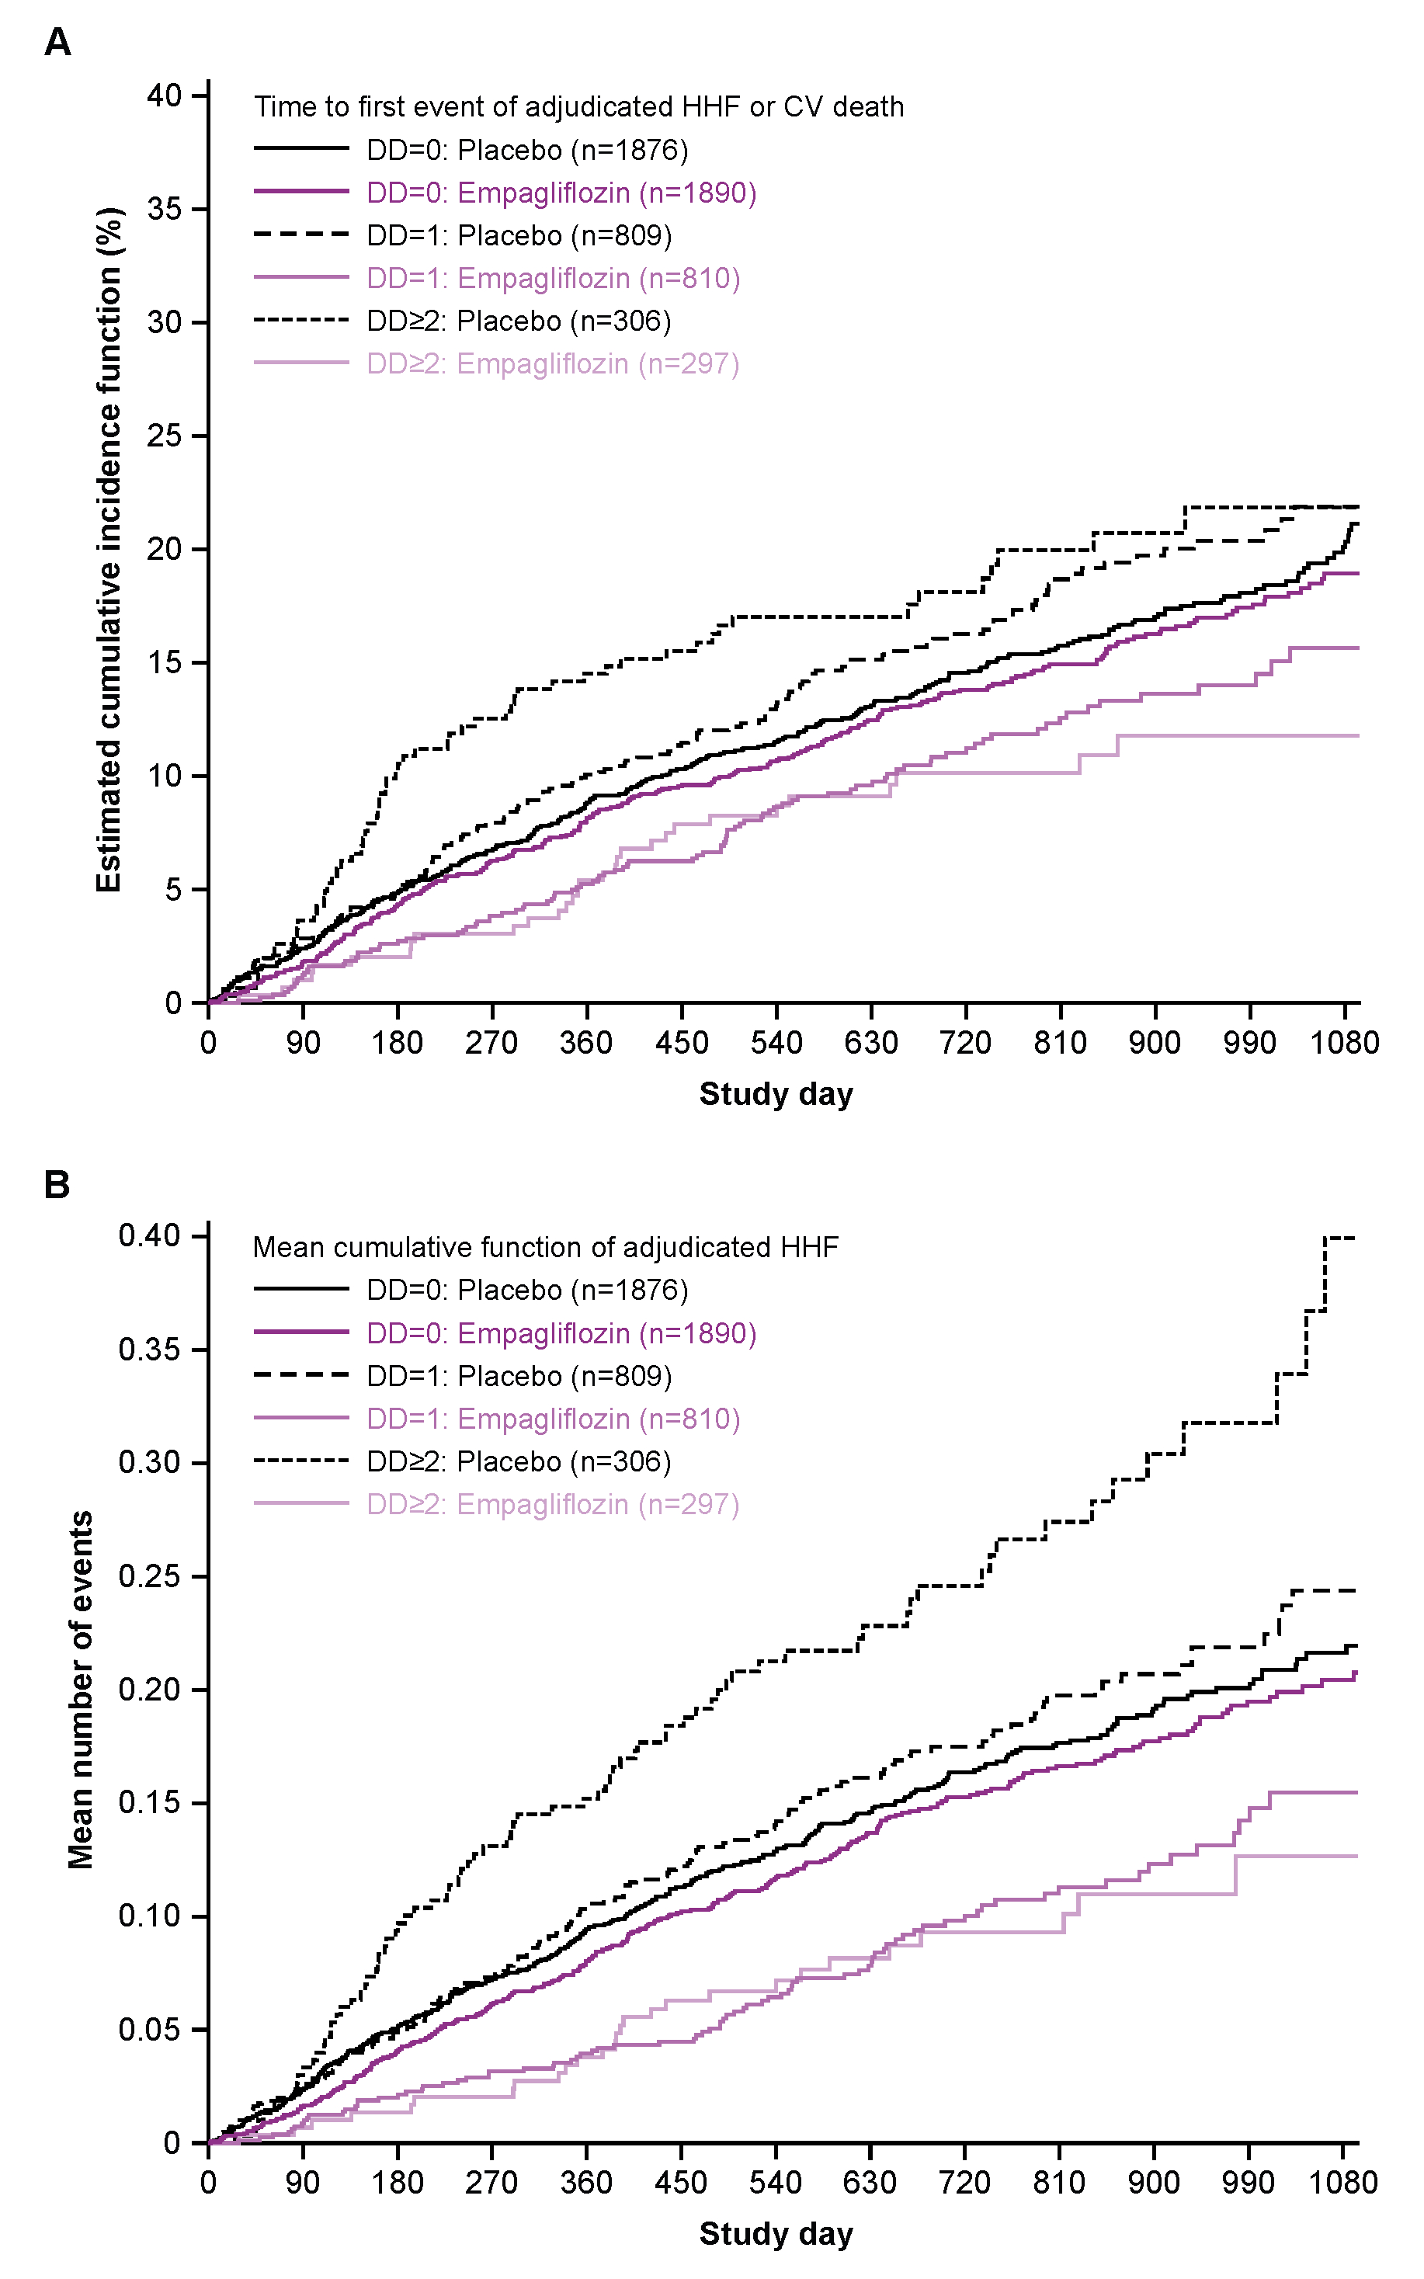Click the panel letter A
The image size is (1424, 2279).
point(57,43)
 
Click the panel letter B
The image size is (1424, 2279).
point(57,1185)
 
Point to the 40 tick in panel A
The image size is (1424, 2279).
point(165,95)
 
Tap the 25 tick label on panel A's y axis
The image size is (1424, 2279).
point(165,436)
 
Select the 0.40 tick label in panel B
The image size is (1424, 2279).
point(150,1235)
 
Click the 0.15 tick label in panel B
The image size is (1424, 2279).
point(150,1802)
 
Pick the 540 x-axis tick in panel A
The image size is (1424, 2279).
point(776,1043)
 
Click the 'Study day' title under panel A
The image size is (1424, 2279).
point(776,1094)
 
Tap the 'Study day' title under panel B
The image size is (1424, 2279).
point(776,2234)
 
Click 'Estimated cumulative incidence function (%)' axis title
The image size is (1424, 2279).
point(109,549)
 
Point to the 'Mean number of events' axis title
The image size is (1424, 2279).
point(81,1690)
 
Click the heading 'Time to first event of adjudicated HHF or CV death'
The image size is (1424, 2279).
point(578,107)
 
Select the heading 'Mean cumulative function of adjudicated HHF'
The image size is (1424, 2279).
point(545,1248)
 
